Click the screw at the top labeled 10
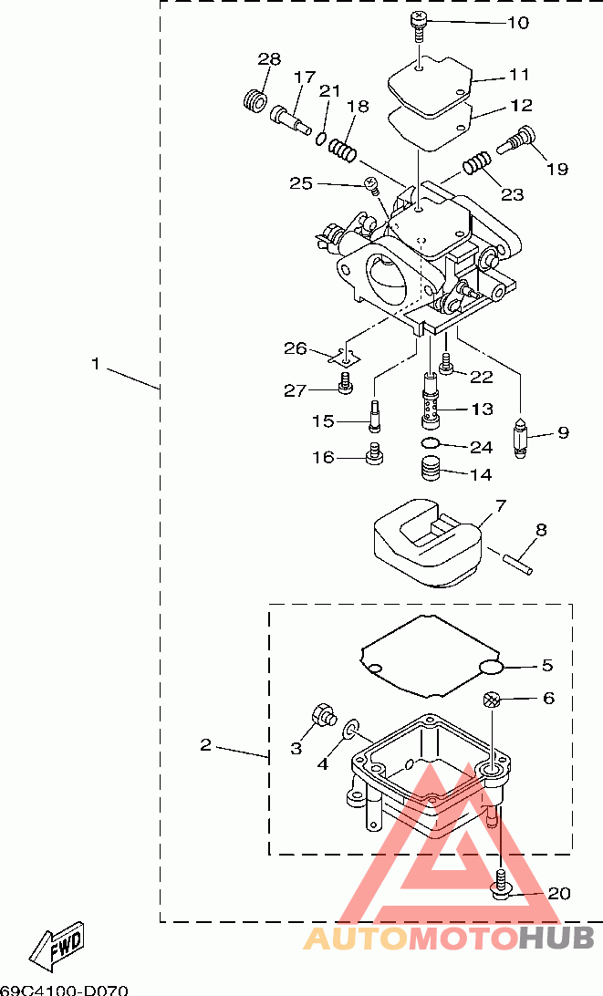click(x=418, y=26)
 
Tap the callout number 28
click(x=269, y=59)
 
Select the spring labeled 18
click(x=343, y=150)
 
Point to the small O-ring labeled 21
click(x=322, y=139)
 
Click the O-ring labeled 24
click(x=431, y=442)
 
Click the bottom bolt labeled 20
click(x=502, y=884)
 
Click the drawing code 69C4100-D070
click(x=64, y=990)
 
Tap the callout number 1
click(x=95, y=365)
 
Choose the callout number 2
click(x=205, y=744)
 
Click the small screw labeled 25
click(x=371, y=186)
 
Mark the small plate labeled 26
click(x=344, y=358)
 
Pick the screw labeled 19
click(x=514, y=140)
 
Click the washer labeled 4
click(x=350, y=731)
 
